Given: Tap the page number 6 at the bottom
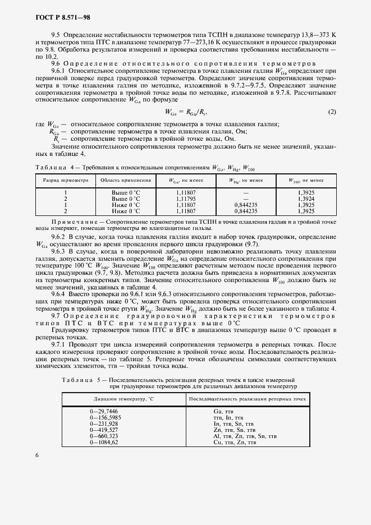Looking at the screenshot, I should pos(36,455).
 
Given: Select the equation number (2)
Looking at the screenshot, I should pos(332,112).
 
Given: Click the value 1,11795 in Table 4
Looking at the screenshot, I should pos(186,199).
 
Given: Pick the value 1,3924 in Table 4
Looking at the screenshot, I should pos(305,199).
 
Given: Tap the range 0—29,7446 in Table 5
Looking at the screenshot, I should pos(104,412).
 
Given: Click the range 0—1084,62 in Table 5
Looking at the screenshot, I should pos(104,443).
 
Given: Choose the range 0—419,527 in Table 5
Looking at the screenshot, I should pos(104,430).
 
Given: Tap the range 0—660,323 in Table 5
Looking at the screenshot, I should pos(104,436).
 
